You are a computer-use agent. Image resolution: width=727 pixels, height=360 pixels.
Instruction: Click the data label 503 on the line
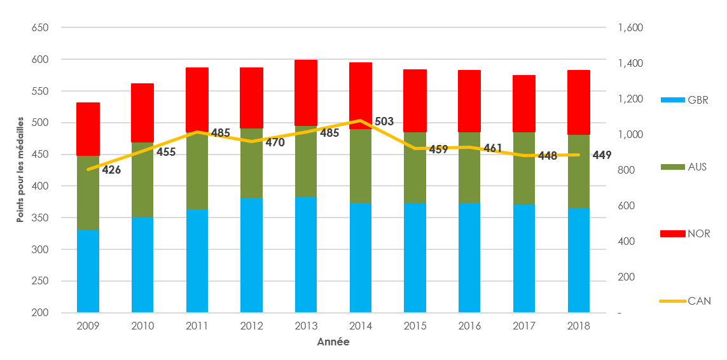pos(384,121)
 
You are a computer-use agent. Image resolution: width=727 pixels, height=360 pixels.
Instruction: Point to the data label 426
pos(111,170)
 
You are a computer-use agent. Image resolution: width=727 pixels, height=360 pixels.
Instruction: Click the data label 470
pos(275,142)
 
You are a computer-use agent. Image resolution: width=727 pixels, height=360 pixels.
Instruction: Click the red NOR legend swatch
pos(673,234)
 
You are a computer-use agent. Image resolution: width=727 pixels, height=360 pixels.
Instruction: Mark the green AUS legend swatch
pos(673,167)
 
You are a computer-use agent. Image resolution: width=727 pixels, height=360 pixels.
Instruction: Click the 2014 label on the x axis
pos(361,326)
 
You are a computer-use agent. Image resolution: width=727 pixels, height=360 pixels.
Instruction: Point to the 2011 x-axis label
pos(197,326)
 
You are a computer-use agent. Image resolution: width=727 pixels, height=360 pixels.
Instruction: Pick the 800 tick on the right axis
pos(624,170)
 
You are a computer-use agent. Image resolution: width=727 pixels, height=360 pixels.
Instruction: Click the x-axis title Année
pos(333,342)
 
